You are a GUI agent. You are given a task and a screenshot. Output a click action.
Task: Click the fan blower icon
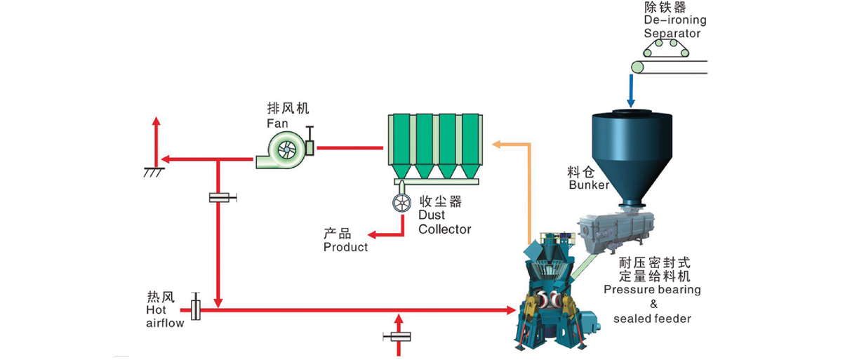(x=284, y=149)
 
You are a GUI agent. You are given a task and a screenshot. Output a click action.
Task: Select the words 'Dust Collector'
(x=444, y=222)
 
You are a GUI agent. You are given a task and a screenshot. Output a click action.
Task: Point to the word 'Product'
(x=345, y=247)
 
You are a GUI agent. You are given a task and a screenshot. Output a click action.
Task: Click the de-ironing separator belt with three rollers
(x=667, y=48)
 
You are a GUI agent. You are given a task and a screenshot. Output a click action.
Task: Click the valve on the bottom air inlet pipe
(x=399, y=337)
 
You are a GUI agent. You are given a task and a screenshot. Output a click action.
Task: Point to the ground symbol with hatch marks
(x=154, y=171)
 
